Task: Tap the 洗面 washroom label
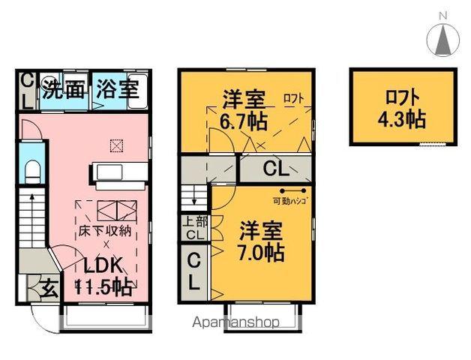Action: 62,90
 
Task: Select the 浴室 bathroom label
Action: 117,90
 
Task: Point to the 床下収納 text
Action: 106,230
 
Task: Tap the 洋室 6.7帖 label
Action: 244,109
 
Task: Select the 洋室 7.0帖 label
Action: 261,239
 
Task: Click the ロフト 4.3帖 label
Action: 402,107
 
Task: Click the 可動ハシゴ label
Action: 292,202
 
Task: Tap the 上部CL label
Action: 193,229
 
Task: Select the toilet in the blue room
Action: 31,172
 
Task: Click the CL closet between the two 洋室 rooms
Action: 274,169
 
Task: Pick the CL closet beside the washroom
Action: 25,91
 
